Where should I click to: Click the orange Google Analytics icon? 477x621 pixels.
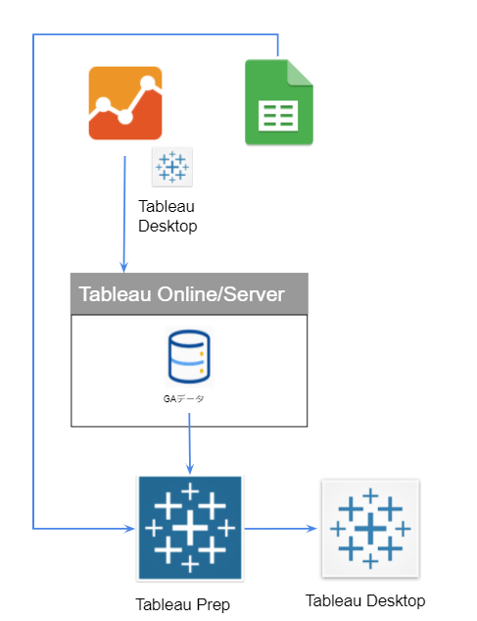(x=125, y=103)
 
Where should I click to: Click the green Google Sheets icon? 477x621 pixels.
(x=279, y=102)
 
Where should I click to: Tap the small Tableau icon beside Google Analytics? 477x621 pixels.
(x=172, y=167)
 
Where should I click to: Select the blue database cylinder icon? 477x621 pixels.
(x=189, y=357)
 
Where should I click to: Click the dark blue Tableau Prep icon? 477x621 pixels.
(x=190, y=528)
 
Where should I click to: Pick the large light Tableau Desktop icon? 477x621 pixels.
(x=370, y=529)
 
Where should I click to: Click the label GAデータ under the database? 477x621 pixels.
(x=184, y=399)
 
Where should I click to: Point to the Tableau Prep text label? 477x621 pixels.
(x=183, y=604)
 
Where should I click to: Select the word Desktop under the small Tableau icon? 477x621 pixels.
(x=167, y=227)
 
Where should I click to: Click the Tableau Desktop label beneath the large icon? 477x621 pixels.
(x=365, y=600)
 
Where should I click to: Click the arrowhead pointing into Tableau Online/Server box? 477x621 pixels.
(x=124, y=267)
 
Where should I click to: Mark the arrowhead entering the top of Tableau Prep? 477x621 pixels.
(x=190, y=468)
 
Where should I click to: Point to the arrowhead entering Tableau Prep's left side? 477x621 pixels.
(x=129, y=529)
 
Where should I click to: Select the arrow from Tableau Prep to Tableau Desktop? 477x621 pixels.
(x=281, y=529)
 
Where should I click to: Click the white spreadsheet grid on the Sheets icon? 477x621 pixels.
(x=278, y=115)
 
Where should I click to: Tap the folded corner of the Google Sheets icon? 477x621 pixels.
(x=300, y=73)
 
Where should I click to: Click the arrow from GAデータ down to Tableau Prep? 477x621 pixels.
(x=189, y=443)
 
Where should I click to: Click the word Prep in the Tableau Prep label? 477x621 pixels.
(x=214, y=605)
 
